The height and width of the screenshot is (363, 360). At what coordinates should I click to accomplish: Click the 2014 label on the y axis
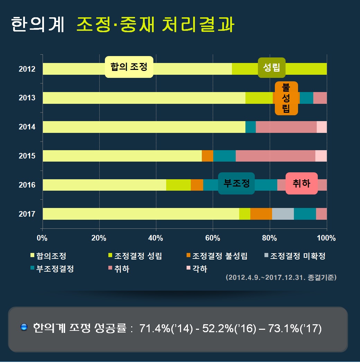(27, 127)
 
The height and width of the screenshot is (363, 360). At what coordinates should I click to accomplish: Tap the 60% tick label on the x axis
(213, 238)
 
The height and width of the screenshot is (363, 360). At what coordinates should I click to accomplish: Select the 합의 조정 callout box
(129, 67)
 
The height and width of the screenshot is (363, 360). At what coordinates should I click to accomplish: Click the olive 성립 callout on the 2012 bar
(271, 67)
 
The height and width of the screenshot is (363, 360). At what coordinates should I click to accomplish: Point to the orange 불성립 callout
(286, 98)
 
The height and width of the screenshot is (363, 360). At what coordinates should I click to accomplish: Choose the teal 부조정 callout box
(236, 183)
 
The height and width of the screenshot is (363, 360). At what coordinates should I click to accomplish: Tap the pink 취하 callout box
(301, 183)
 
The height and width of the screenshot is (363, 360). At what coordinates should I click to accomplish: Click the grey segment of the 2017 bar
(283, 214)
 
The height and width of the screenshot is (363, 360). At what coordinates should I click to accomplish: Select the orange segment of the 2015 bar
(207, 156)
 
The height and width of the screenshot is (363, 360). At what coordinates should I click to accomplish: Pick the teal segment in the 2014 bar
(250, 127)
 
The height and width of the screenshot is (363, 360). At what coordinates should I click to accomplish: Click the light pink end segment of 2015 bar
(321, 156)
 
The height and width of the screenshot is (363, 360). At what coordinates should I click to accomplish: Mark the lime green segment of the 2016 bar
(178, 185)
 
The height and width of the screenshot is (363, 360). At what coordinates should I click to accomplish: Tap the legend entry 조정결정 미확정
(294, 256)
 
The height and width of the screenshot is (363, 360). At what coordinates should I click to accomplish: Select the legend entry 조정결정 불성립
(216, 256)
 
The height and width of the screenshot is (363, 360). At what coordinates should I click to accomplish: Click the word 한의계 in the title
(37, 25)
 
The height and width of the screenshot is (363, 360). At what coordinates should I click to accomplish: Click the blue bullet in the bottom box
(24, 327)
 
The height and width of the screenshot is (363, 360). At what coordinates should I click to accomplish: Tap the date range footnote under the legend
(281, 278)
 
